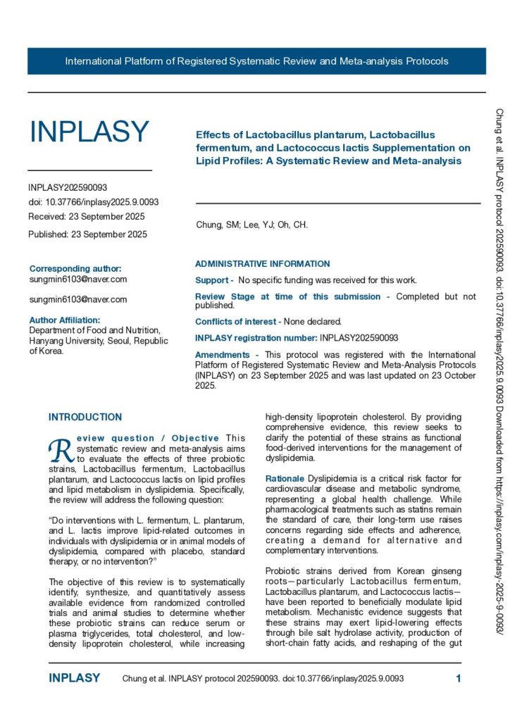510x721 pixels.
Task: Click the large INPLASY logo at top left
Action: point(89,132)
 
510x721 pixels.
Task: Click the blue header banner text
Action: point(256,61)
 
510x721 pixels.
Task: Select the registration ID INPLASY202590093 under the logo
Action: point(68,188)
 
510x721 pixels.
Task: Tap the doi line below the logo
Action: point(93,202)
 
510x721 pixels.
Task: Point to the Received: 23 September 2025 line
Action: point(87,216)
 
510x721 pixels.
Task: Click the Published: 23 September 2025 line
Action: point(87,234)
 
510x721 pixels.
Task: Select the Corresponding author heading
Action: point(75,268)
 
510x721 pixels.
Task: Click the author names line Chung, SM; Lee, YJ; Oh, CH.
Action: point(251,225)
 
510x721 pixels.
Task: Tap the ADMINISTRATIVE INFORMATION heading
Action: point(262,264)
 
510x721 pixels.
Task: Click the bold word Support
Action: point(212,280)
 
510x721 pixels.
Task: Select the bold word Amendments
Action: point(222,355)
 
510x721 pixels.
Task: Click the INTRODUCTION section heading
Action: point(85,418)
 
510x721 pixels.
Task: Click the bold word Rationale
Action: point(285,479)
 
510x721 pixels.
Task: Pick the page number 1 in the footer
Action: point(458,679)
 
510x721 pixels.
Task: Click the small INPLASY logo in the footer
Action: point(74,679)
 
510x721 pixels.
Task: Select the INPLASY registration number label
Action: point(256,338)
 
